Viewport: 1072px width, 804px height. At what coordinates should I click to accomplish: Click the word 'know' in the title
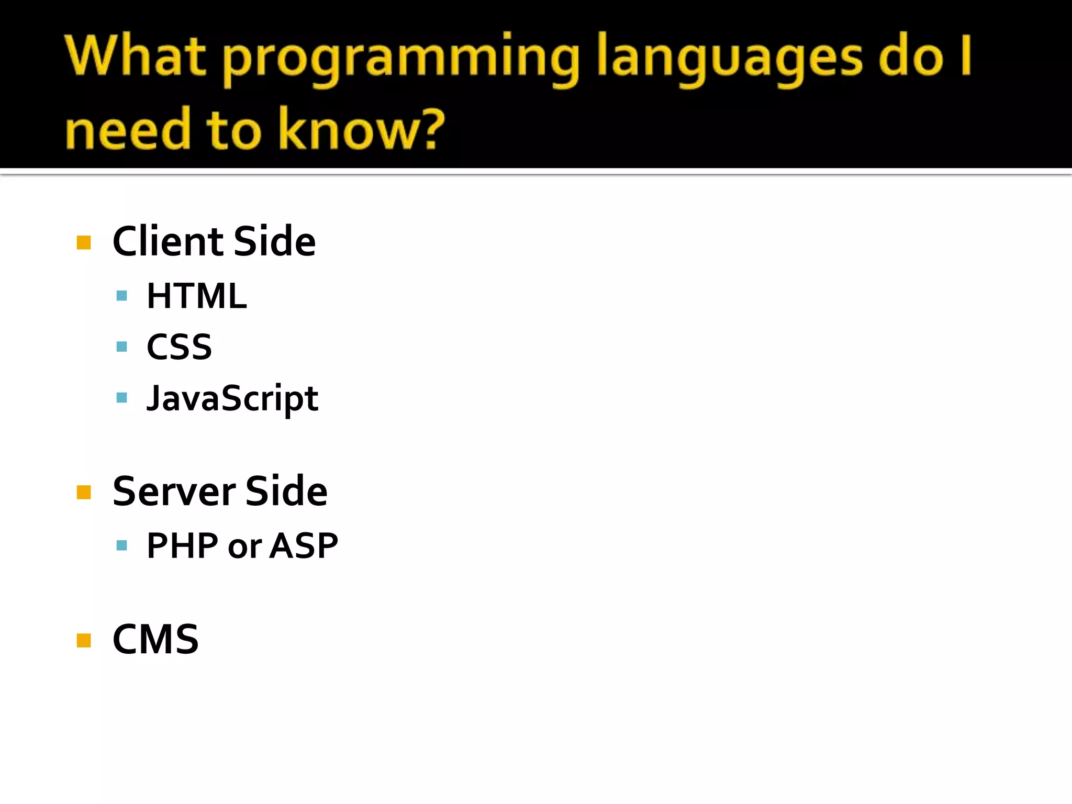pyautogui.click(x=345, y=129)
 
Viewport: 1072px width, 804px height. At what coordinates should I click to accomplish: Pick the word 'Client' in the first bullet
pyautogui.click(x=169, y=241)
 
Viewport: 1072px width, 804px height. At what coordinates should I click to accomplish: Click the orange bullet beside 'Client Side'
pyautogui.click(x=84, y=242)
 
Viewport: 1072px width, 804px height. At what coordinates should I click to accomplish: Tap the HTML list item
pyautogui.click(x=196, y=296)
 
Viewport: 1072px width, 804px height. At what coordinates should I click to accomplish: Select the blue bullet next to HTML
pyautogui.click(x=122, y=296)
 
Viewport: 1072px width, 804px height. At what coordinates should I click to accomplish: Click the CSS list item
pyautogui.click(x=179, y=347)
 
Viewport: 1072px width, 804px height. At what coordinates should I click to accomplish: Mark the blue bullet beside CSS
pyautogui.click(x=122, y=347)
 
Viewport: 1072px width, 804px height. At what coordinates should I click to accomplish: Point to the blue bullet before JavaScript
pyautogui.click(x=122, y=398)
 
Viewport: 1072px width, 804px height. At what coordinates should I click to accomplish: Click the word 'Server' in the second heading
pyautogui.click(x=174, y=492)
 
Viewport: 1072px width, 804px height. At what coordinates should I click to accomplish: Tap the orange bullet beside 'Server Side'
pyautogui.click(x=84, y=492)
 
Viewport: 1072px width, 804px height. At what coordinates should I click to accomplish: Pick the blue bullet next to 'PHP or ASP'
pyautogui.click(x=122, y=546)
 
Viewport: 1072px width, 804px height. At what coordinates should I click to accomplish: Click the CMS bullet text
pyautogui.click(x=155, y=639)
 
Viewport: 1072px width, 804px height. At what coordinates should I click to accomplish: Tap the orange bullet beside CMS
pyautogui.click(x=84, y=640)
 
